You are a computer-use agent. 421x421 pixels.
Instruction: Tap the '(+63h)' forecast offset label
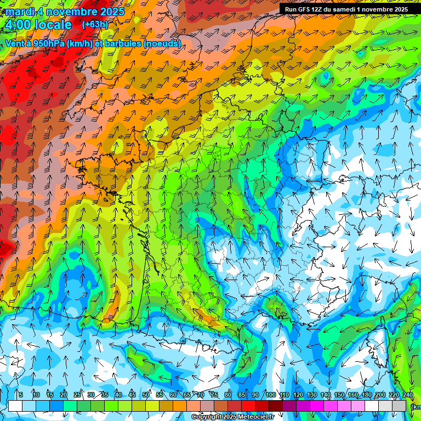(94, 24)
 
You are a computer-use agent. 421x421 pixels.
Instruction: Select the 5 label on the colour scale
(21, 395)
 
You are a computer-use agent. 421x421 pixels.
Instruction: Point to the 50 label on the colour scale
(146, 395)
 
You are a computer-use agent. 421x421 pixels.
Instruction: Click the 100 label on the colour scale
(270, 395)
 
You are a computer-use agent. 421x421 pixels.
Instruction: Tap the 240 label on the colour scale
(407, 395)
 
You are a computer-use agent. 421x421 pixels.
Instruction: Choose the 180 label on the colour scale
(366, 395)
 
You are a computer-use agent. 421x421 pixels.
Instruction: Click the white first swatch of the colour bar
(15, 406)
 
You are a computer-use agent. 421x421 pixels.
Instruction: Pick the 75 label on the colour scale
(214, 395)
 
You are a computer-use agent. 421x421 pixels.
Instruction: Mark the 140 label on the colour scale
(325, 395)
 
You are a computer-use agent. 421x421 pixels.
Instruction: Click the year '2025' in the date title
(109, 12)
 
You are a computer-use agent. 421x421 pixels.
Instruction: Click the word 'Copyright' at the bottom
(207, 417)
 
